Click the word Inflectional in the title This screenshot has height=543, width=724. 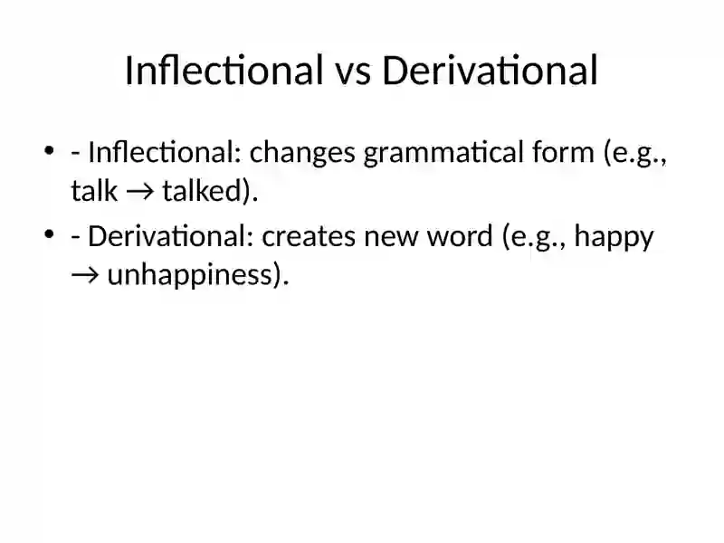[x=224, y=71]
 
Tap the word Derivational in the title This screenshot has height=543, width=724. [x=490, y=71]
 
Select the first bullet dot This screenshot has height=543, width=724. [x=49, y=150]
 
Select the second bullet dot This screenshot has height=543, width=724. [x=49, y=234]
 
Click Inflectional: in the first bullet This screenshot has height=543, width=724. [x=165, y=152]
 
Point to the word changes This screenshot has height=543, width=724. [x=302, y=155]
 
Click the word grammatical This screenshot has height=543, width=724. [x=443, y=155]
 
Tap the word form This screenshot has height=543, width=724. [x=563, y=152]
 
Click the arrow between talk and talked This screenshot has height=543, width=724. [x=140, y=192]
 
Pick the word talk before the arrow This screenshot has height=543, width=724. [x=94, y=190]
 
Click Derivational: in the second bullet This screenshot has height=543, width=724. [x=171, y=236]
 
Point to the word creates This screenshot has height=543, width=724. [x=309, y=237]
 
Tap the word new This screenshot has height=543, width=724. [x=391, y=239]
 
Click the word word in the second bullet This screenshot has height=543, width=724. [x=460, y=236]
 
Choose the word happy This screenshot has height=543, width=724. [x=614, y=239]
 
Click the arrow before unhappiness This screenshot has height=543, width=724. [x=85, y=276]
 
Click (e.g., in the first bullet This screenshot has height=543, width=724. [x=635, y=153]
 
